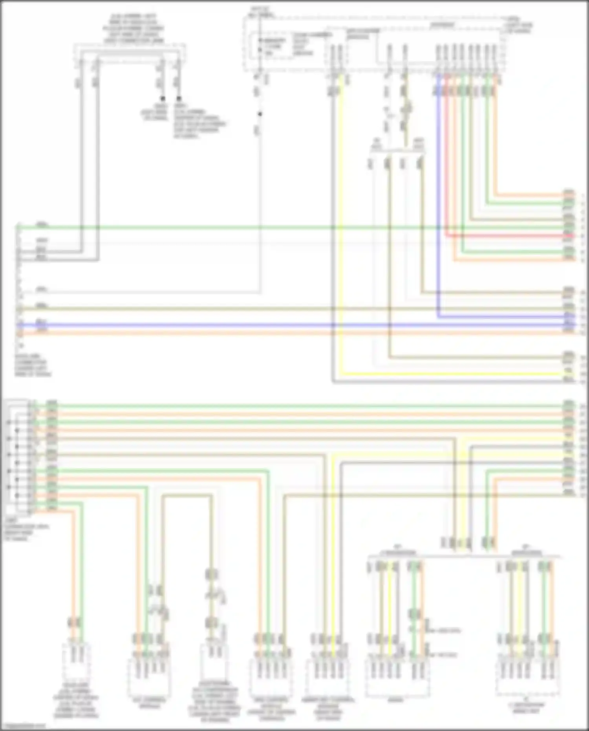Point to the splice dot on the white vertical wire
260,114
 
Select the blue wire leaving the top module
439,196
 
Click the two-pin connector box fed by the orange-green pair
76,664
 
